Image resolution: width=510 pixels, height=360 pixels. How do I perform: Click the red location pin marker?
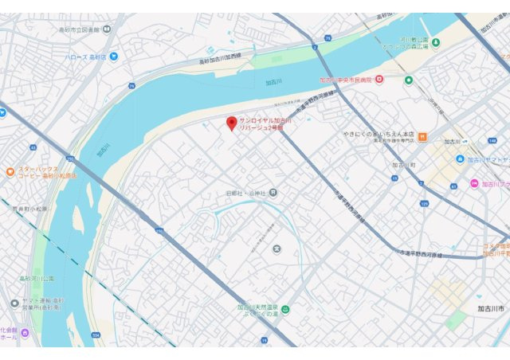(232, 123)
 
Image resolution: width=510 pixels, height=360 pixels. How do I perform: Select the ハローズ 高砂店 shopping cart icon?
(115, 56)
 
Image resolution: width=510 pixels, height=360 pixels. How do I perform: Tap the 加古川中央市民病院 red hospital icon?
(379, 79)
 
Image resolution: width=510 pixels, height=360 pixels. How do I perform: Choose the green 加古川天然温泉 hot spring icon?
(285, 309)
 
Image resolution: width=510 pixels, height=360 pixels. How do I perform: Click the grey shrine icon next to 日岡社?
(273, 192)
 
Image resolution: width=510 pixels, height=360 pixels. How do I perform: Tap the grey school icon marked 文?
(277, 251)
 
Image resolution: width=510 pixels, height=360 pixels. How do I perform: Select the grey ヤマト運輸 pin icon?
(14, 303)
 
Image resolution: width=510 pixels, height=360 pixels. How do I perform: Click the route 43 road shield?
(33, 147)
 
